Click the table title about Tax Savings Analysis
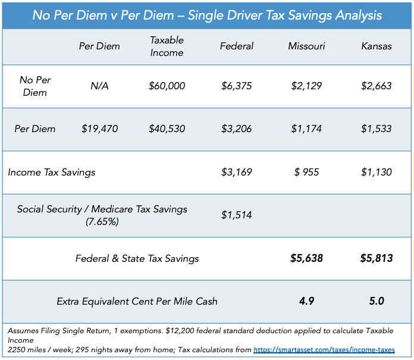coord(207,14)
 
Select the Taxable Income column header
coord(167,46)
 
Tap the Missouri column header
coord(306,46)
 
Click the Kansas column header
coord(376,46)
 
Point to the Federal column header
coord(236,46)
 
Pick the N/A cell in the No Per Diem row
coord(99,86)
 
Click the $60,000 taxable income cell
coord(167,86)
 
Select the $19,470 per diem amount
coord(99,129)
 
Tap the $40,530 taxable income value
coord(167,129)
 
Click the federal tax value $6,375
coord(236,86)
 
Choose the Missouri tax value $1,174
coord(306,129)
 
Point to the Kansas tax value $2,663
coord(376,86)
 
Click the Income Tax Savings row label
coord(51,173)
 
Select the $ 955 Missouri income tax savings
coord(306,173)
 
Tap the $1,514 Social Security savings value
coord(236,215)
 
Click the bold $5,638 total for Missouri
coord(306,258)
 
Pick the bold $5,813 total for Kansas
coord(376,258)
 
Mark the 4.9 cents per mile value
coord(306,301)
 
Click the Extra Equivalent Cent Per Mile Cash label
coord(137,301)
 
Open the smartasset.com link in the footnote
coord(324,350)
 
